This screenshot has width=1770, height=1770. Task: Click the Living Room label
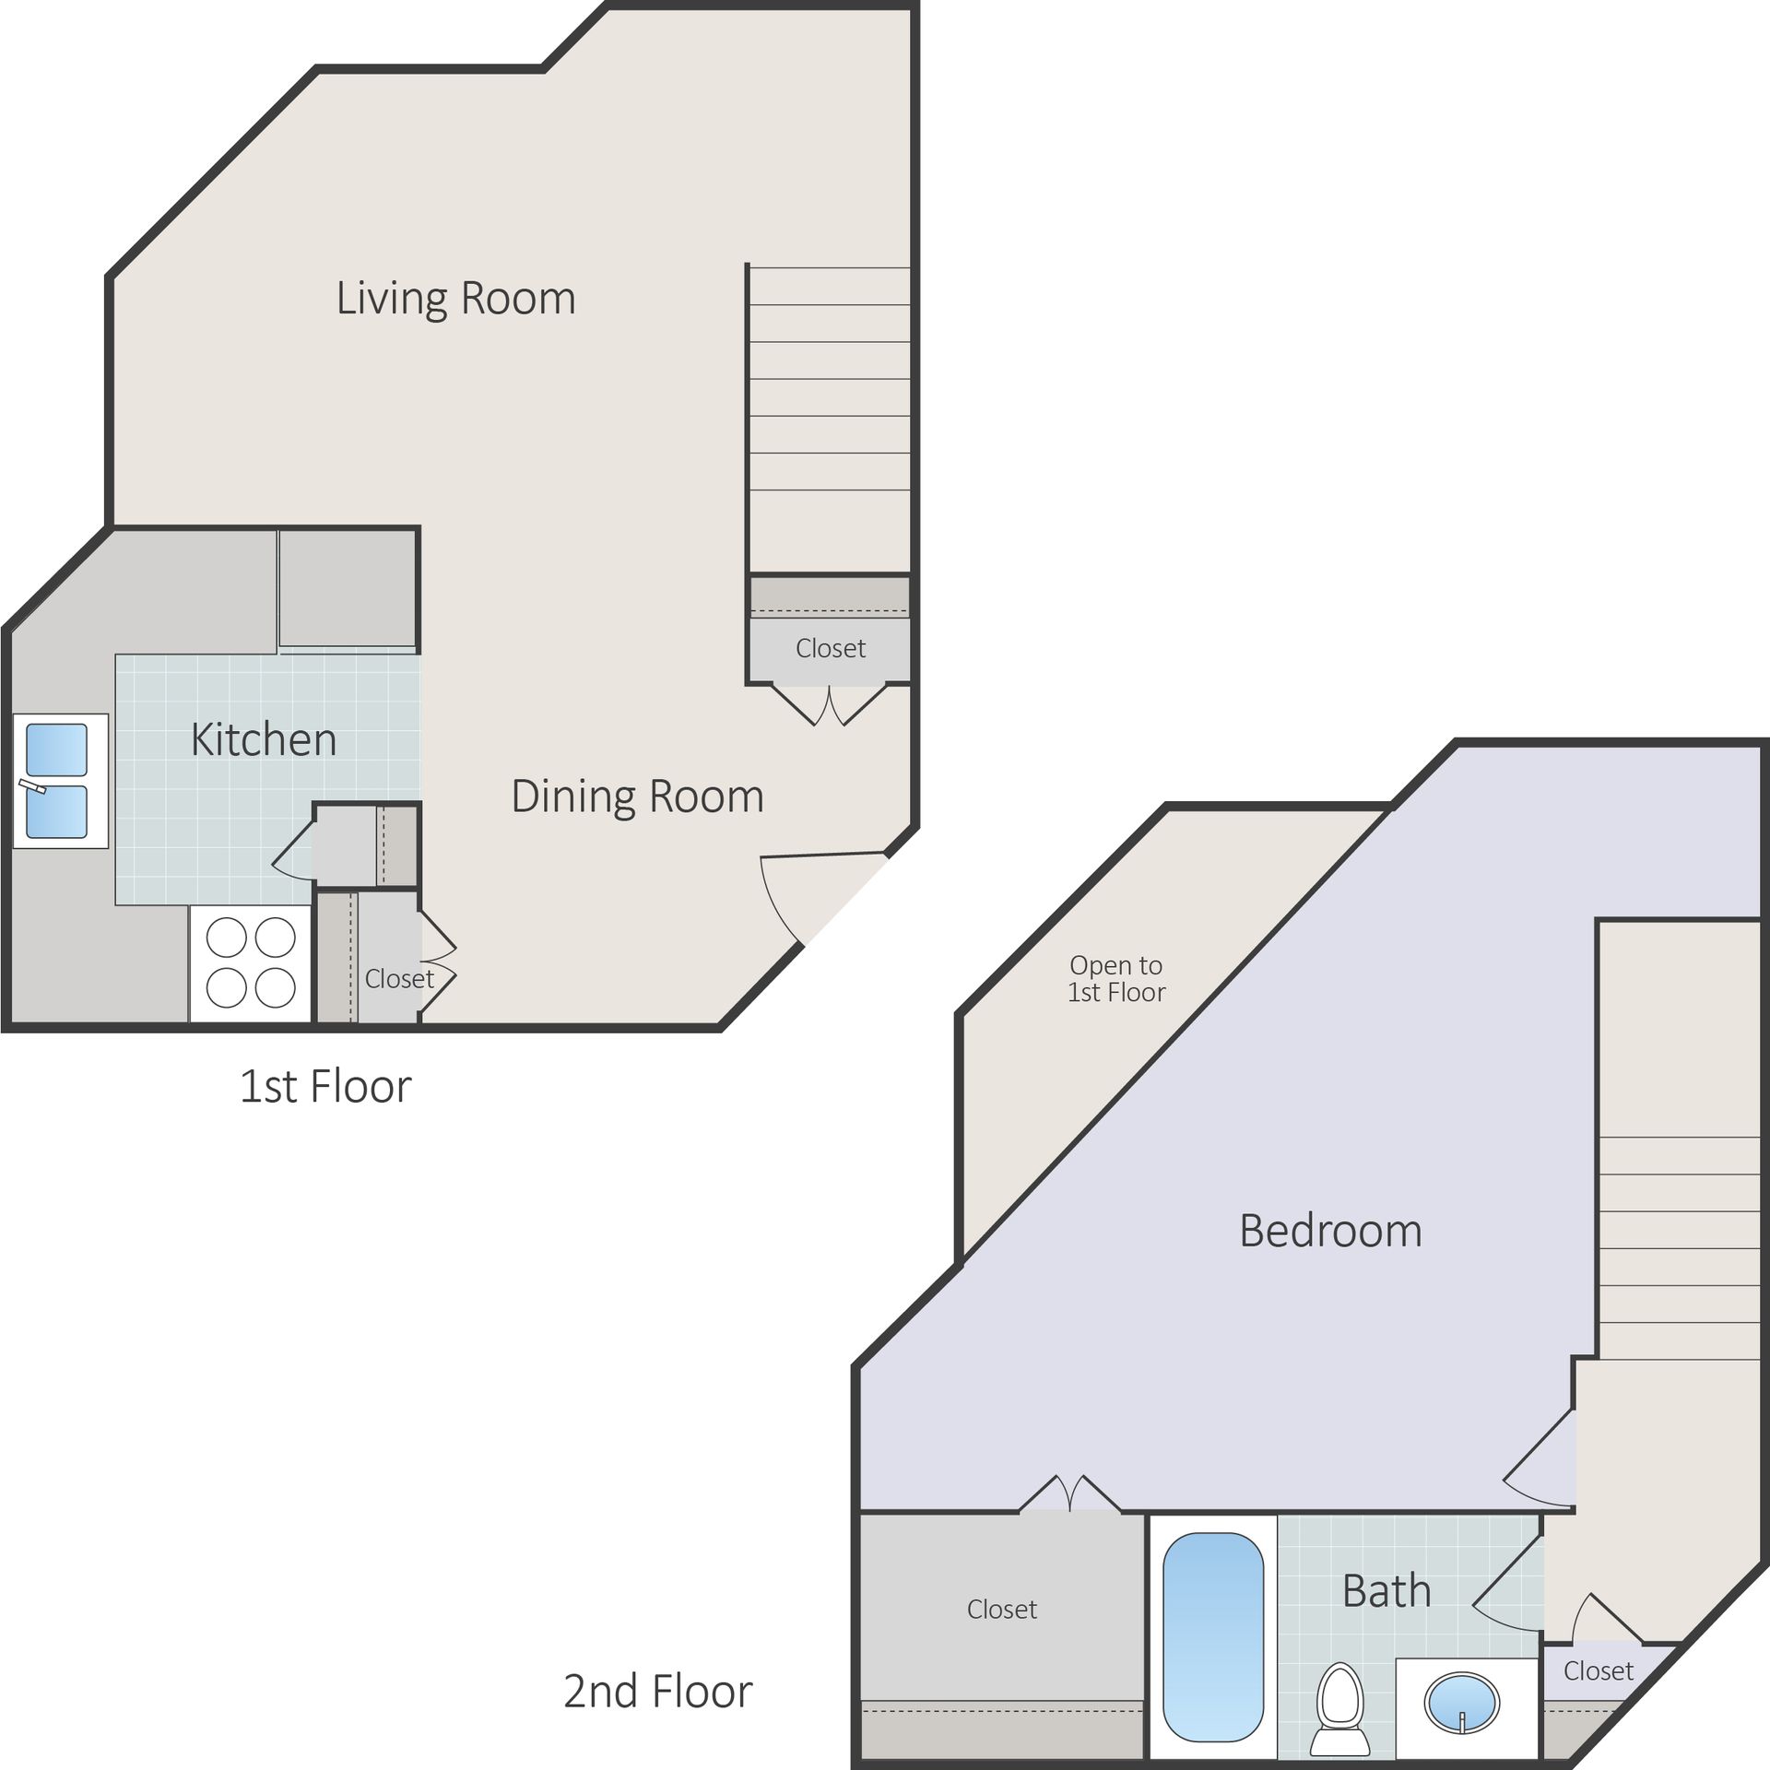(455, 298)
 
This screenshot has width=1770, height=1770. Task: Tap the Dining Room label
(637, 796)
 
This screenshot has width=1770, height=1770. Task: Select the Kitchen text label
(264, 739)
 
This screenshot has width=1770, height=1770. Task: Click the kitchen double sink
(57, 781)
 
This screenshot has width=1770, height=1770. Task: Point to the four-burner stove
(251, 963)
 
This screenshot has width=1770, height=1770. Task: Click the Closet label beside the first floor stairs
(830, 648)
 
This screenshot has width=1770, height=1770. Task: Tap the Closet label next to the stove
(398, 978)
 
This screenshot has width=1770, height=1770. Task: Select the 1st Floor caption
(324, 1086)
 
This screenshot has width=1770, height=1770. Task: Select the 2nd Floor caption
(657, 1691)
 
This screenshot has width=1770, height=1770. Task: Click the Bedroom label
(1329, 1231)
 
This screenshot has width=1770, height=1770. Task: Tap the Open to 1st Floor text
(1115, 978)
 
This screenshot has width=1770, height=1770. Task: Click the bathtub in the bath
(1212, 1635)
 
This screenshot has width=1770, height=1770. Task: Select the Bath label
(1386, 1591)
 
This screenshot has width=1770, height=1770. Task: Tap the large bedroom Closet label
(1001, 1609)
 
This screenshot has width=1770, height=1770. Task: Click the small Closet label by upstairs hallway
(1598, 1670)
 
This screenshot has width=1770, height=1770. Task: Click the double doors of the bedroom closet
(1069, 1493)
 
